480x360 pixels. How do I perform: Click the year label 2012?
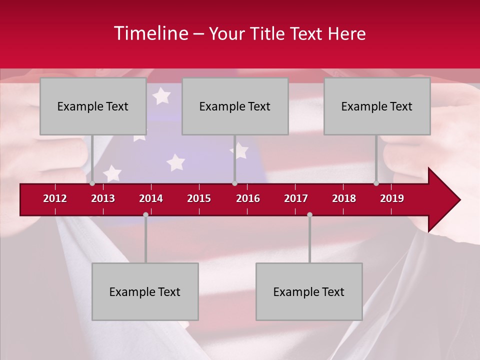pos(55,198)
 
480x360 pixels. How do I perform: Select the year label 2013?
pos(103,198)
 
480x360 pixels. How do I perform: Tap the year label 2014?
pos(151,198)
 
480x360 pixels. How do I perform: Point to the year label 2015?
pos(199,198)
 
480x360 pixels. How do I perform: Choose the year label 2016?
pos(248,198)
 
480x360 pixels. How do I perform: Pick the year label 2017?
pos(296,198)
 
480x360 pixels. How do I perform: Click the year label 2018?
pos(344,198)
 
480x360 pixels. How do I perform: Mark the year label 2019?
pos(392,198)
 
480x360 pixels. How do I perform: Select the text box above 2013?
pos(93,106)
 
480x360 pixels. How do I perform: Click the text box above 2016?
pos(235,106)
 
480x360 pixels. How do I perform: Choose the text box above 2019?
pos(377,106)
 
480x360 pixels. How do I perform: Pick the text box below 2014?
pos(145,291)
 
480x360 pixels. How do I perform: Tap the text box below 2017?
pos(309,291)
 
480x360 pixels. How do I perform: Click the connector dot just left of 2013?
pos(92,183)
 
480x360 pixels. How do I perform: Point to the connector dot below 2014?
pos(145,214)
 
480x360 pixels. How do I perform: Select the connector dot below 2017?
pos(309,214)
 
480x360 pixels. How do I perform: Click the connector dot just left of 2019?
pos(376,183)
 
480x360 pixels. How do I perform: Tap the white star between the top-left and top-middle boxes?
pos(161,95)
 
